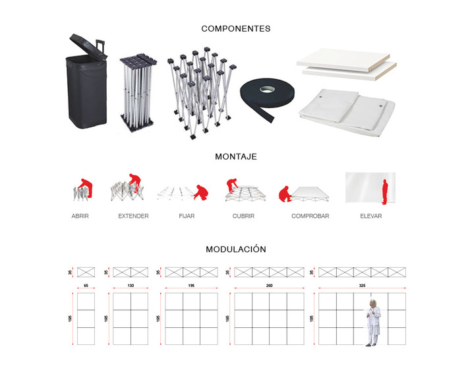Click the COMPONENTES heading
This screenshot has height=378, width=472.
235,29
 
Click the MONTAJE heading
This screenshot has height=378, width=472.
235,157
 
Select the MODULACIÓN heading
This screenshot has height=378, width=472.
235,249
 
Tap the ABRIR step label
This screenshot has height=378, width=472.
80,216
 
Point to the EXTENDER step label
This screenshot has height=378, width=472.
133,216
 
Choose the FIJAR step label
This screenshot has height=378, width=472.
187,216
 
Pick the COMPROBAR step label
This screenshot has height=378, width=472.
310,216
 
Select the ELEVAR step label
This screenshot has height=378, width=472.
370,216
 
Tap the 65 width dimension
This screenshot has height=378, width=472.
86,286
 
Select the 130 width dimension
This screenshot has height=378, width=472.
131,286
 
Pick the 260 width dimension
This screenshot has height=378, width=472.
269,286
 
